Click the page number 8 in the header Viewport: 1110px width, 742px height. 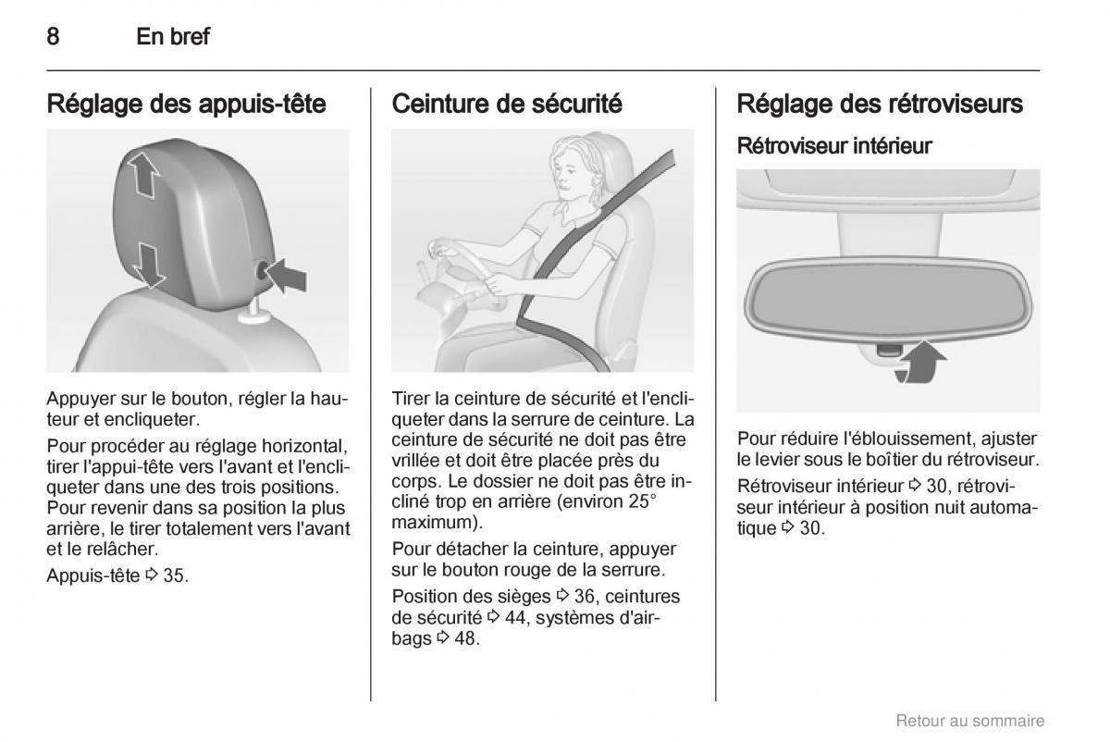coord(53,36)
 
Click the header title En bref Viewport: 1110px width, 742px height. coord(173,36)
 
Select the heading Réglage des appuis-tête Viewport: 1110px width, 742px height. coord(186,105)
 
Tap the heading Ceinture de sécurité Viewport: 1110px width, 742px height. coord(507,104)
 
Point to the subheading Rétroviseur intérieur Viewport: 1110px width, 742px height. coord(834,146)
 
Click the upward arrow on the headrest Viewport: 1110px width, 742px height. coord(143,175)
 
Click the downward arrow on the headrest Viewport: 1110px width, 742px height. coord(149,265)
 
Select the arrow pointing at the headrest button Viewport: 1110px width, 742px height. coord(287,275)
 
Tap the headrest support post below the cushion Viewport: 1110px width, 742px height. coord(253,313)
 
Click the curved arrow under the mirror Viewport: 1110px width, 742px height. coord(919,363)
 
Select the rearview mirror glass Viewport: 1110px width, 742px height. coord(888,299)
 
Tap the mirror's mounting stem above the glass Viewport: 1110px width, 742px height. coord(888,233)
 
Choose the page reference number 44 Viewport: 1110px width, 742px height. coord(515,618)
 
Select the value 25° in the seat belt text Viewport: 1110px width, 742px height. coord(643,501)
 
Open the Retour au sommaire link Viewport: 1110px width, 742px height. coord(970,720)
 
